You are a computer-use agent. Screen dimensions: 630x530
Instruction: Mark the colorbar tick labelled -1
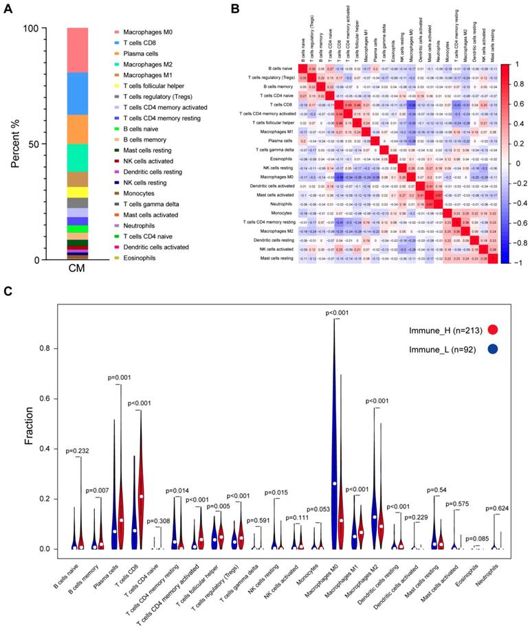pos(516,262)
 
